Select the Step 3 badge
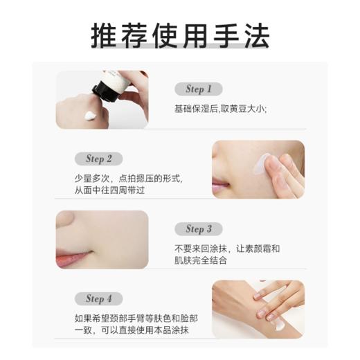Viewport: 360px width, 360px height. point(199,229)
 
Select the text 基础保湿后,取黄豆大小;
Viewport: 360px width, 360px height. point(220,109)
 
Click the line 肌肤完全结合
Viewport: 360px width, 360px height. point(201,260)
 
